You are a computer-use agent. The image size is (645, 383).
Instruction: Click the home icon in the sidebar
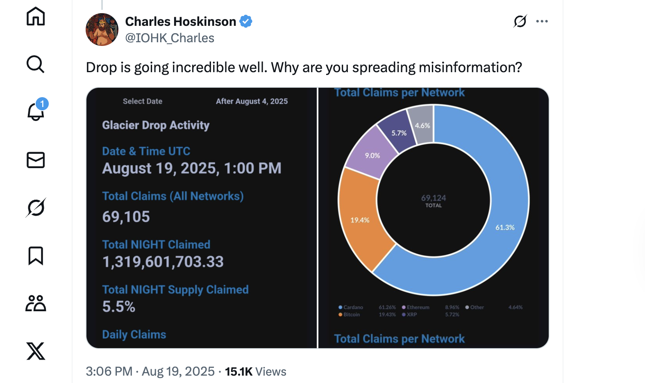click(x=36, y=16)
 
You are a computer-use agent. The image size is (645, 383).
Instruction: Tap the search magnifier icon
click(x=36, y=64)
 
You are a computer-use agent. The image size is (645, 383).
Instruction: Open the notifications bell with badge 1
click(x=36, y=112)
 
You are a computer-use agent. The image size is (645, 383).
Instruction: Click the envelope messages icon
click(x=36, y=160)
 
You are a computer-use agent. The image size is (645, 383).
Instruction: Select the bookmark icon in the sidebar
click(x=36, y=255)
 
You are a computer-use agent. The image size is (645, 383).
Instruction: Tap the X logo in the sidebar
click(x=36, y=351)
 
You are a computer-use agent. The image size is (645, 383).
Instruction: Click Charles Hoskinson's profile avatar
click(x=102, y=30)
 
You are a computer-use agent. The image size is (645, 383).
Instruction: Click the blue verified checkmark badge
click(x=246, y=21)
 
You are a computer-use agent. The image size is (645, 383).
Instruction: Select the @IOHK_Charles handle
click(x=170, y=38)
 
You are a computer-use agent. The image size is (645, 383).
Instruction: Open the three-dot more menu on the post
click(x=542, y=21)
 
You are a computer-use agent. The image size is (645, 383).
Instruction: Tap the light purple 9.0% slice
click(x=371, y=154)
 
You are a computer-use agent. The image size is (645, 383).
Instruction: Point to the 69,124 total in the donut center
click(x=434, y=198)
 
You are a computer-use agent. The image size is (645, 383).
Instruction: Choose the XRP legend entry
click(x=411, y=315)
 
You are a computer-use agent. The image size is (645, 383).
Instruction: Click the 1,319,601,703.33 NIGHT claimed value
click(x=163, y=262)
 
